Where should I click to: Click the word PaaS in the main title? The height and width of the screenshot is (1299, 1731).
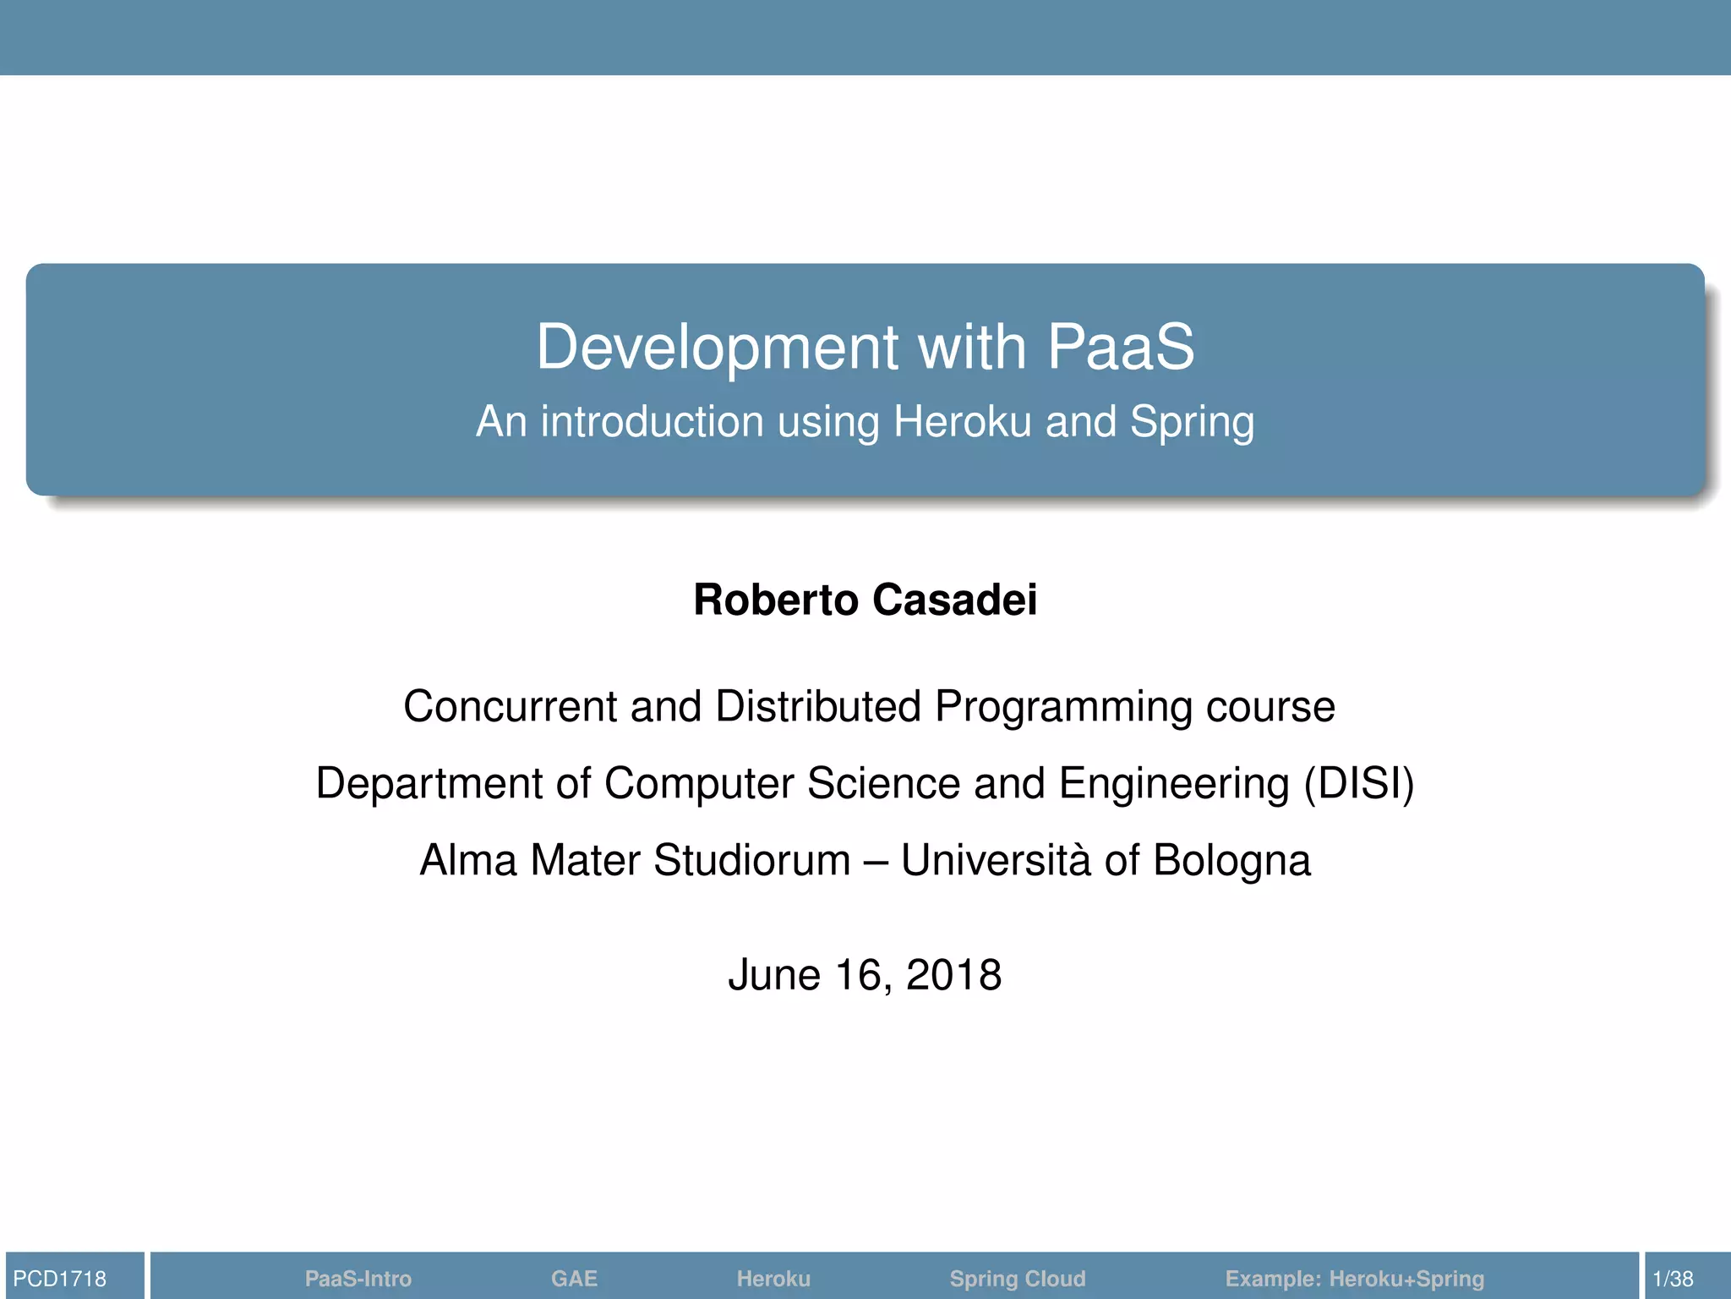1121,347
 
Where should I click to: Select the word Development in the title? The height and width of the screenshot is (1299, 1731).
717,347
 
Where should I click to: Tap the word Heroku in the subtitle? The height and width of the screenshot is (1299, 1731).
962,421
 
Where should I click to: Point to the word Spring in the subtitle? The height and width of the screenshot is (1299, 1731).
1192,423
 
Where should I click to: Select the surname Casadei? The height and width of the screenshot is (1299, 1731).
955,600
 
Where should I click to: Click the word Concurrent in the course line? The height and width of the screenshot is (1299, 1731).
510,706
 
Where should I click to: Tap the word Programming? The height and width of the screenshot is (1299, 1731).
1063,708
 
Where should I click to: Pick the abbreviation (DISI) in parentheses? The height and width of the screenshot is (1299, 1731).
1358,783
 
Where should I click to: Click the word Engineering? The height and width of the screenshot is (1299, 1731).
1174,785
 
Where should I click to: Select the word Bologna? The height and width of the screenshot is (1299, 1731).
1231,862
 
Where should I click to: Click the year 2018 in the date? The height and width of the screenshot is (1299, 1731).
953,975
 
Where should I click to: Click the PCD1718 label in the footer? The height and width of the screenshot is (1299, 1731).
60,1279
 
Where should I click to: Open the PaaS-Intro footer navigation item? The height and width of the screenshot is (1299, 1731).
358,1279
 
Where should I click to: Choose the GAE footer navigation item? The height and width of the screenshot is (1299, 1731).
574,1279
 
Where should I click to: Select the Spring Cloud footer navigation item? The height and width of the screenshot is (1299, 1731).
1017,1279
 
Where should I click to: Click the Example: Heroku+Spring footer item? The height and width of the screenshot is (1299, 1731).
1354,1279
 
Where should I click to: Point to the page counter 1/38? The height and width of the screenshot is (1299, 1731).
1673,1279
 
